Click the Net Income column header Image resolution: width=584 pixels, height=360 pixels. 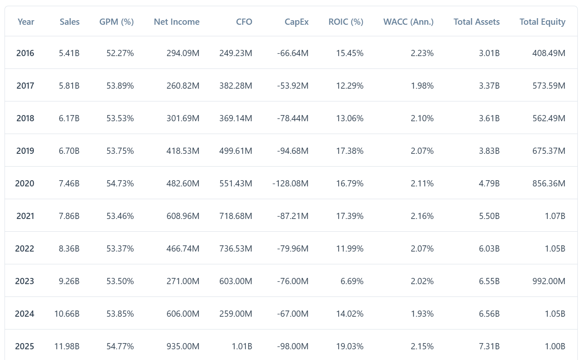tap(177, 22)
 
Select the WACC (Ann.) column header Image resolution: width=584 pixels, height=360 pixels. tap(408, 22)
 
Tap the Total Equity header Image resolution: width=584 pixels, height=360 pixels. tap(542, 22)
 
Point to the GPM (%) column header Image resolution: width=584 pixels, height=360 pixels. tap(116, 22)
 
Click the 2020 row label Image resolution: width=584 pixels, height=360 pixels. tap(25, 184)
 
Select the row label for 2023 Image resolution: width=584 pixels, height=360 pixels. tap(25, 281)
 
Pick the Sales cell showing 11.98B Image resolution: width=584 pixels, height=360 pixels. tap(67, 346)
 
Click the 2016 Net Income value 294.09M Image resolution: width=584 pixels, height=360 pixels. tap(183, 53)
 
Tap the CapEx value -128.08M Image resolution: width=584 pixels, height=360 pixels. tap(290, 184)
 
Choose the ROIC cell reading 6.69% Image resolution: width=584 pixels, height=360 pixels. tap(352, 281)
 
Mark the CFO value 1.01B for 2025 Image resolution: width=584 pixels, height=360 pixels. tap(242, 346)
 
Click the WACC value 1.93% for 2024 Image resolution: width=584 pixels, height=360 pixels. tap(422, 314)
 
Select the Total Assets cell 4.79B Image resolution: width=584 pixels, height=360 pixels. tap(489, 184)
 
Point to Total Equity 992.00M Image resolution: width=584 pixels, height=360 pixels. tap(549, 281)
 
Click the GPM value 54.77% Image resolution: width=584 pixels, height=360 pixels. tap(120, 346)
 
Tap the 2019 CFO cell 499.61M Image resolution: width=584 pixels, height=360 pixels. tap(235, 151)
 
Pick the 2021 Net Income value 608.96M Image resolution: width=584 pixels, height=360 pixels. tap(183, 216)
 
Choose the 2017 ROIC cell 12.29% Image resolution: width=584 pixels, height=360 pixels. tap(350, 86)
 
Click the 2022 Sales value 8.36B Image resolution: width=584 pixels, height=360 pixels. tap(69, 249)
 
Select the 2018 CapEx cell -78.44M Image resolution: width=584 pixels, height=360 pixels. tap(292, 118)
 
